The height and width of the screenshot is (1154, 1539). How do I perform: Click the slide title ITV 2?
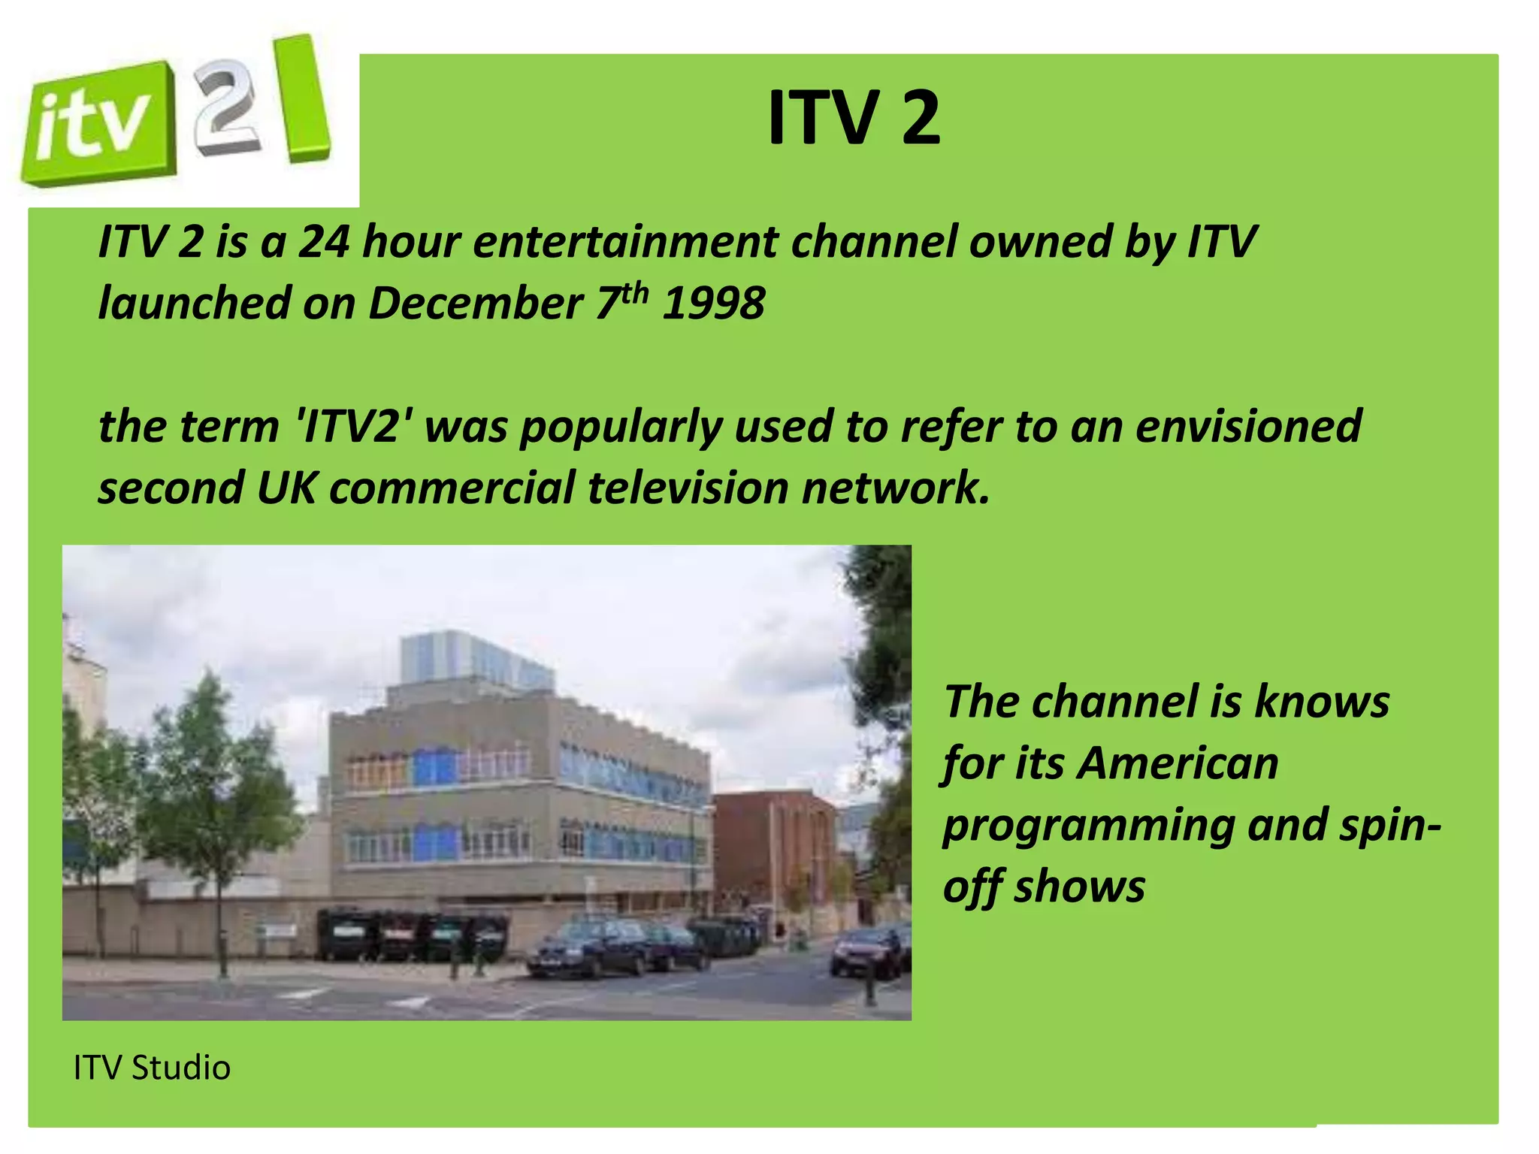854,118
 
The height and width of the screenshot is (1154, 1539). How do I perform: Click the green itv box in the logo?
96,124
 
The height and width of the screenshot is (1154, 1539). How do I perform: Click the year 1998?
713,304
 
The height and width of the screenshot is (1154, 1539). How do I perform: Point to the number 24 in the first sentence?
323,242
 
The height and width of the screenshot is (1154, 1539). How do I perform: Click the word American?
1178,763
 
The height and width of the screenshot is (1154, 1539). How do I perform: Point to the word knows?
1322,702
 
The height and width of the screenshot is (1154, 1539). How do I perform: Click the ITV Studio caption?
152,1068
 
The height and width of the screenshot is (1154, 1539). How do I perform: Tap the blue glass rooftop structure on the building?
470,660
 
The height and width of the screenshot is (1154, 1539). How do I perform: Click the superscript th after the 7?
635,292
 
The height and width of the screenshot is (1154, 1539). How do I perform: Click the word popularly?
620,426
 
